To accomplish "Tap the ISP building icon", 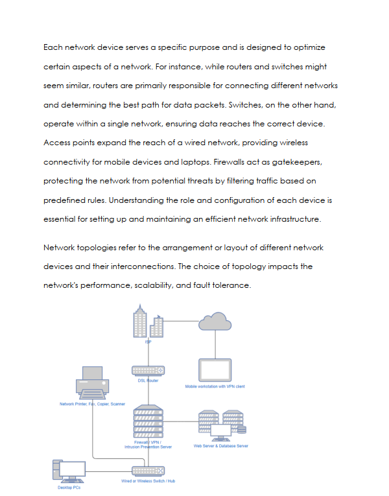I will pos(147,324).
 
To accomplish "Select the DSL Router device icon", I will pos(148,370).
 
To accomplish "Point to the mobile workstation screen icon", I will pos(215,370).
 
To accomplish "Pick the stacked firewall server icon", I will pos(148,421).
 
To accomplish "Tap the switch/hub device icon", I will pos(148,471).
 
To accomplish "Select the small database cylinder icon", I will pos(242,429).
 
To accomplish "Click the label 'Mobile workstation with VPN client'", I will pos(215,386).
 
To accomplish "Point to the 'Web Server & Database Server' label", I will pos(220,446).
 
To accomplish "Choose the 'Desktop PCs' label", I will pos(69,487).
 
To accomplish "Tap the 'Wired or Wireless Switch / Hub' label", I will pos(148,481).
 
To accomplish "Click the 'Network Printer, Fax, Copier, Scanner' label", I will pos(92,404).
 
